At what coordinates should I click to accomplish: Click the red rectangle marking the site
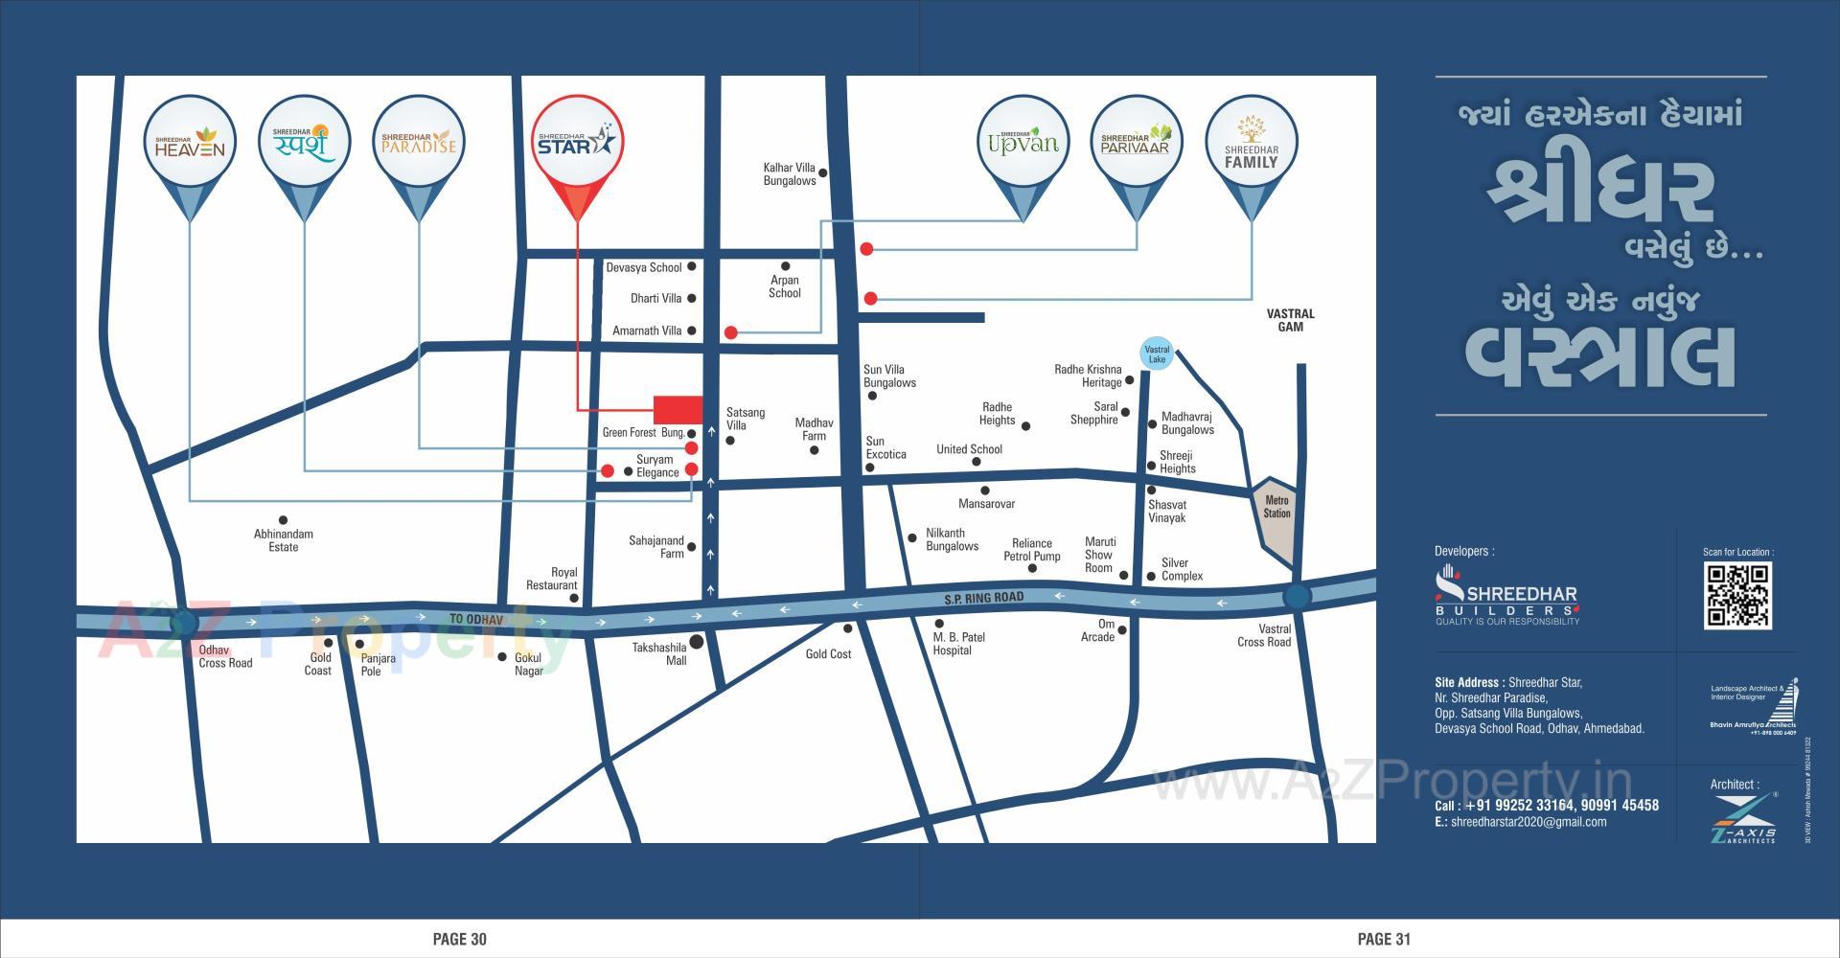[678, 409]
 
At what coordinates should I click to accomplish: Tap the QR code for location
[1736, 596]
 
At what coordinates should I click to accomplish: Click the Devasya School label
[643, 267]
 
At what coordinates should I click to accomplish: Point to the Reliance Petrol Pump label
[1031, 550]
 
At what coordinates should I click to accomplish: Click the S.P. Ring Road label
[983, 598]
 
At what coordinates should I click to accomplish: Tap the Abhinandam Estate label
[283, 540]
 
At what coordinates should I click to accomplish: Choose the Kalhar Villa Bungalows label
[789, 174]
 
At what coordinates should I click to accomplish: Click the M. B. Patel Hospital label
[958, 644]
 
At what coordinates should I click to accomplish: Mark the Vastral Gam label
[1290, 320]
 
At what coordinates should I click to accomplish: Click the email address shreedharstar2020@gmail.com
[1529, 822]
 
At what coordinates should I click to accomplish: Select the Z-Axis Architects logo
[1742, 818]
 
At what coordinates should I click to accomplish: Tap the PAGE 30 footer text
[460, 939]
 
